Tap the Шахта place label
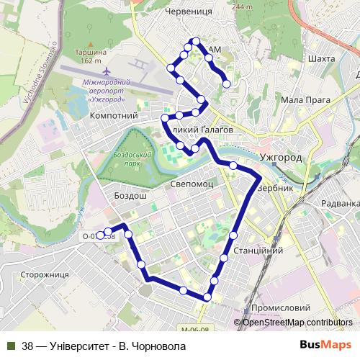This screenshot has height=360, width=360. (x=321, y=58)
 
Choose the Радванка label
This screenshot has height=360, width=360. (x=339, y=203)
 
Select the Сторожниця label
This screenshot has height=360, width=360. (x=44, y=274)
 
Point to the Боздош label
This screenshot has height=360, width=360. (x=130, y=195)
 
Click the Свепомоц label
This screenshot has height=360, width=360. (x=192, y=184)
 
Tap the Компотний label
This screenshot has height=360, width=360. (x=114, y=115)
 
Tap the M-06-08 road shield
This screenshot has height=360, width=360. (x=195, y=329)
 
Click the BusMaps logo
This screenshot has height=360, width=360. (x=325, y=346)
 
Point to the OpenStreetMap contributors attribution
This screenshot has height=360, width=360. (x=297, y=322)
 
